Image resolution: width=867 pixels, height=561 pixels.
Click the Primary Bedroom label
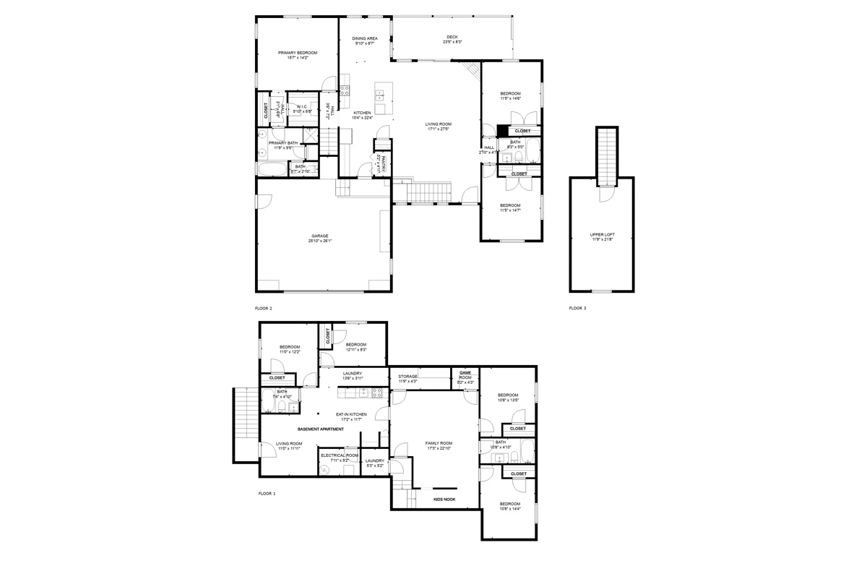click(298, 53)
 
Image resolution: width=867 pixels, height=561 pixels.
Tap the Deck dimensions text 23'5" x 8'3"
click(452, 42)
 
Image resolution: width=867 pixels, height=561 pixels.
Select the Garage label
click(320, 236)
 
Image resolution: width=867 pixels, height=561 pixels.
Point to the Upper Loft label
click(601, 235)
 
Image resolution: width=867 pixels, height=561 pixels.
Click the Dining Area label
click(364, 38)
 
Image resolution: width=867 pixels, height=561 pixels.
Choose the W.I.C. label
click(302, 106)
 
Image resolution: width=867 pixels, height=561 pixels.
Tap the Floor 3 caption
click(577, 308)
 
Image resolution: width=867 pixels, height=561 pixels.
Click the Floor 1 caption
click(267, 494)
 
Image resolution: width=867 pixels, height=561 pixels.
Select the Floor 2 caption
click(264, 308)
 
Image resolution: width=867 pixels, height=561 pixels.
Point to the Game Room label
click(465, 374)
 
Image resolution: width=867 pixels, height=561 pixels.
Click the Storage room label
click(408, 376)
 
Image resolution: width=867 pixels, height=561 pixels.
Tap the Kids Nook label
click(444, 499)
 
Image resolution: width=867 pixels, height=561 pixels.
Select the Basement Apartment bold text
click(320, 429)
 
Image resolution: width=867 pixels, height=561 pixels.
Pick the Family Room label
click(439, 442)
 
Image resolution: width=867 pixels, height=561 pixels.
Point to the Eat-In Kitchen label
click(351, 414)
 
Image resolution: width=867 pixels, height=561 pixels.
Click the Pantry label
click(384, 165)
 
